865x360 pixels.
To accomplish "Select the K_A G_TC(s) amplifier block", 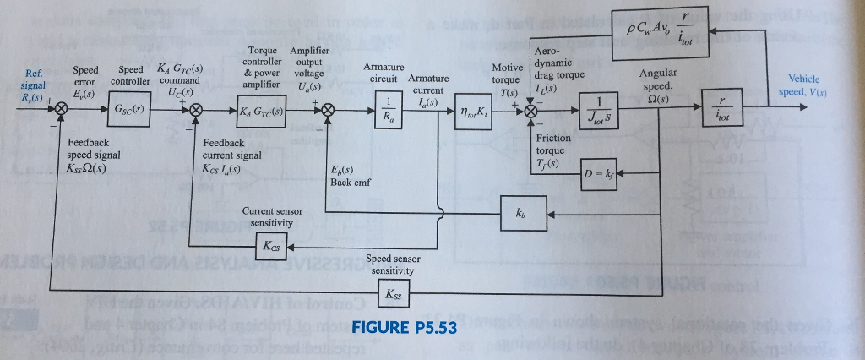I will coord(260,111).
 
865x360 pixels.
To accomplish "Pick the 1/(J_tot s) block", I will coord(602,112).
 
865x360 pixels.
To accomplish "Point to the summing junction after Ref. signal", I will coord(62,110).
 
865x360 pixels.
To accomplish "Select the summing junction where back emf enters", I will coord(327,111).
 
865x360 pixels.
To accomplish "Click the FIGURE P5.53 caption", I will coord(402,330).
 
